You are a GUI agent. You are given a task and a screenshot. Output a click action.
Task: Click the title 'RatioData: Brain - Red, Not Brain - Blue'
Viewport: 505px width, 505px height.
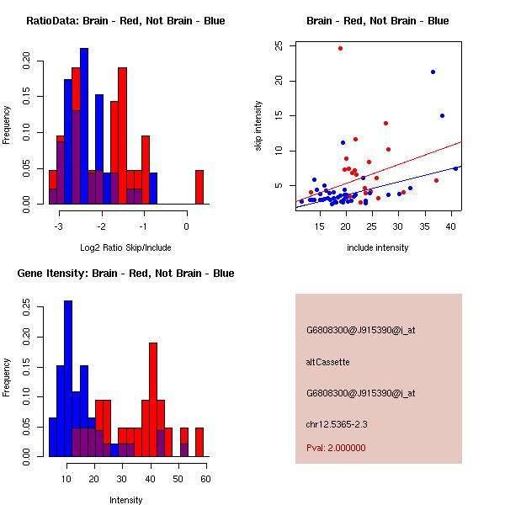pyautogui.click(x=125, y=21)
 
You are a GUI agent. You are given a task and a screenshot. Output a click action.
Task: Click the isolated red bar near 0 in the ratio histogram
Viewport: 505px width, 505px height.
pyautogui.click(x=199, y=187)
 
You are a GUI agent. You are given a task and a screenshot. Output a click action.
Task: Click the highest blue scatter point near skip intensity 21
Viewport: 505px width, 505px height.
pyautogui.click(x=433, y=72)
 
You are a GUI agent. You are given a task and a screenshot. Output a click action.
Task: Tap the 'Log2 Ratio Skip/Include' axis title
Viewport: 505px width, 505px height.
pyautogui.click(x=125, y=247)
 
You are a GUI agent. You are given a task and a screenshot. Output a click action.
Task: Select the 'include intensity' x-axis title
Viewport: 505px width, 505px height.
pyautogui.click(x=377, y=247)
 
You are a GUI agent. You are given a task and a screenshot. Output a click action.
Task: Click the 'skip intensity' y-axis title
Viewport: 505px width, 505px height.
pyautogui.click(x=259, y=126)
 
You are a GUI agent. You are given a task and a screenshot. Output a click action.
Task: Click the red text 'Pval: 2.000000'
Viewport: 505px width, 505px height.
pyautogui.click(x=336, y=448)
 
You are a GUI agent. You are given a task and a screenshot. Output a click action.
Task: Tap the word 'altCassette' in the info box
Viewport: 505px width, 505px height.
pyautogui.click(x=328, y=362)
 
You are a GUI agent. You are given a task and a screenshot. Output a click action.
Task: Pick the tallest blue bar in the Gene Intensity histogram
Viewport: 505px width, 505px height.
pyautogui.click(x=68, y=379)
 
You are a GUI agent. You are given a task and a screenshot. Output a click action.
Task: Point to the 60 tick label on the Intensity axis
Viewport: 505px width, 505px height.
pyautogui.click(x=205, y=479)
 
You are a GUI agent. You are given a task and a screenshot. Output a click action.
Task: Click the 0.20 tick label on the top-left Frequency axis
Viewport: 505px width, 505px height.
pyautogui.click(x=27, y=61)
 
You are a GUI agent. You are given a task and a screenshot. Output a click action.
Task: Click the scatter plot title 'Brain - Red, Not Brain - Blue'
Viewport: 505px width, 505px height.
pyautogui.click(x=377, y=21)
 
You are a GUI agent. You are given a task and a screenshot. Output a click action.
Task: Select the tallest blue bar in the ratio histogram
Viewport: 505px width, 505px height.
pyautogui.click(x=84, y=126)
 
